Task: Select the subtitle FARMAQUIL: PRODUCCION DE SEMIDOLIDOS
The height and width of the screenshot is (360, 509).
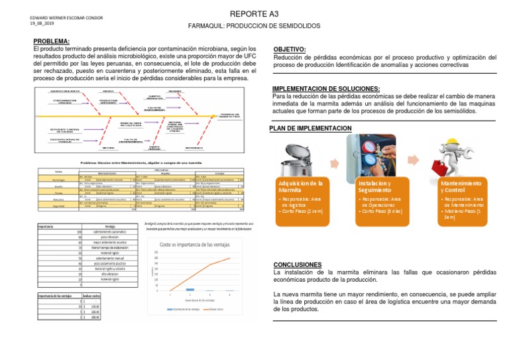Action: (x=254, y=25)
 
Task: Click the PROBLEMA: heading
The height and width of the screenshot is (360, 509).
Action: (x=52, y=42)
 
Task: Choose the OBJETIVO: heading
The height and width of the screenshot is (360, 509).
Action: (x=290, y=50)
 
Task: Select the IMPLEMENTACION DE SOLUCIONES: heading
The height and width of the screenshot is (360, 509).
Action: (x=327, y=89)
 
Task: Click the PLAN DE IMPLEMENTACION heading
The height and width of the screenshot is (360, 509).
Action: (x=310, y=128)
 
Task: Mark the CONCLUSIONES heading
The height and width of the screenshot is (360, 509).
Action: (x=298, y=265)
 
